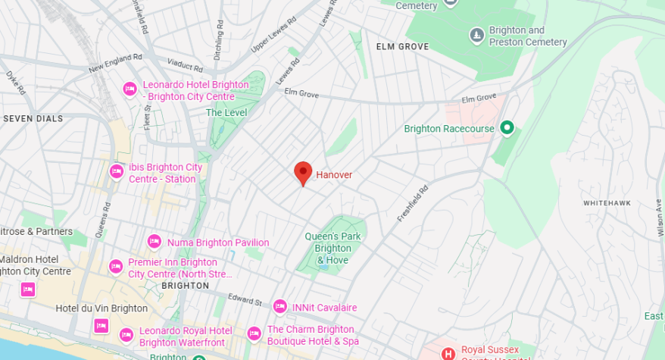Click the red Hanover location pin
coord(303,172)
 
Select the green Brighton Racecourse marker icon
coord(507,128)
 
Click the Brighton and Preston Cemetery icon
coord(476,35)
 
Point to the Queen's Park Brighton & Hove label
coord(333,248)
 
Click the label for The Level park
coord(226,112)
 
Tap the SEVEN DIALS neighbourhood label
coord(33,118)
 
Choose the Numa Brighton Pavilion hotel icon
coord(154,242)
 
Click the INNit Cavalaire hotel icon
coord(279,306)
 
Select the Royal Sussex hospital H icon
coord(448,353)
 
